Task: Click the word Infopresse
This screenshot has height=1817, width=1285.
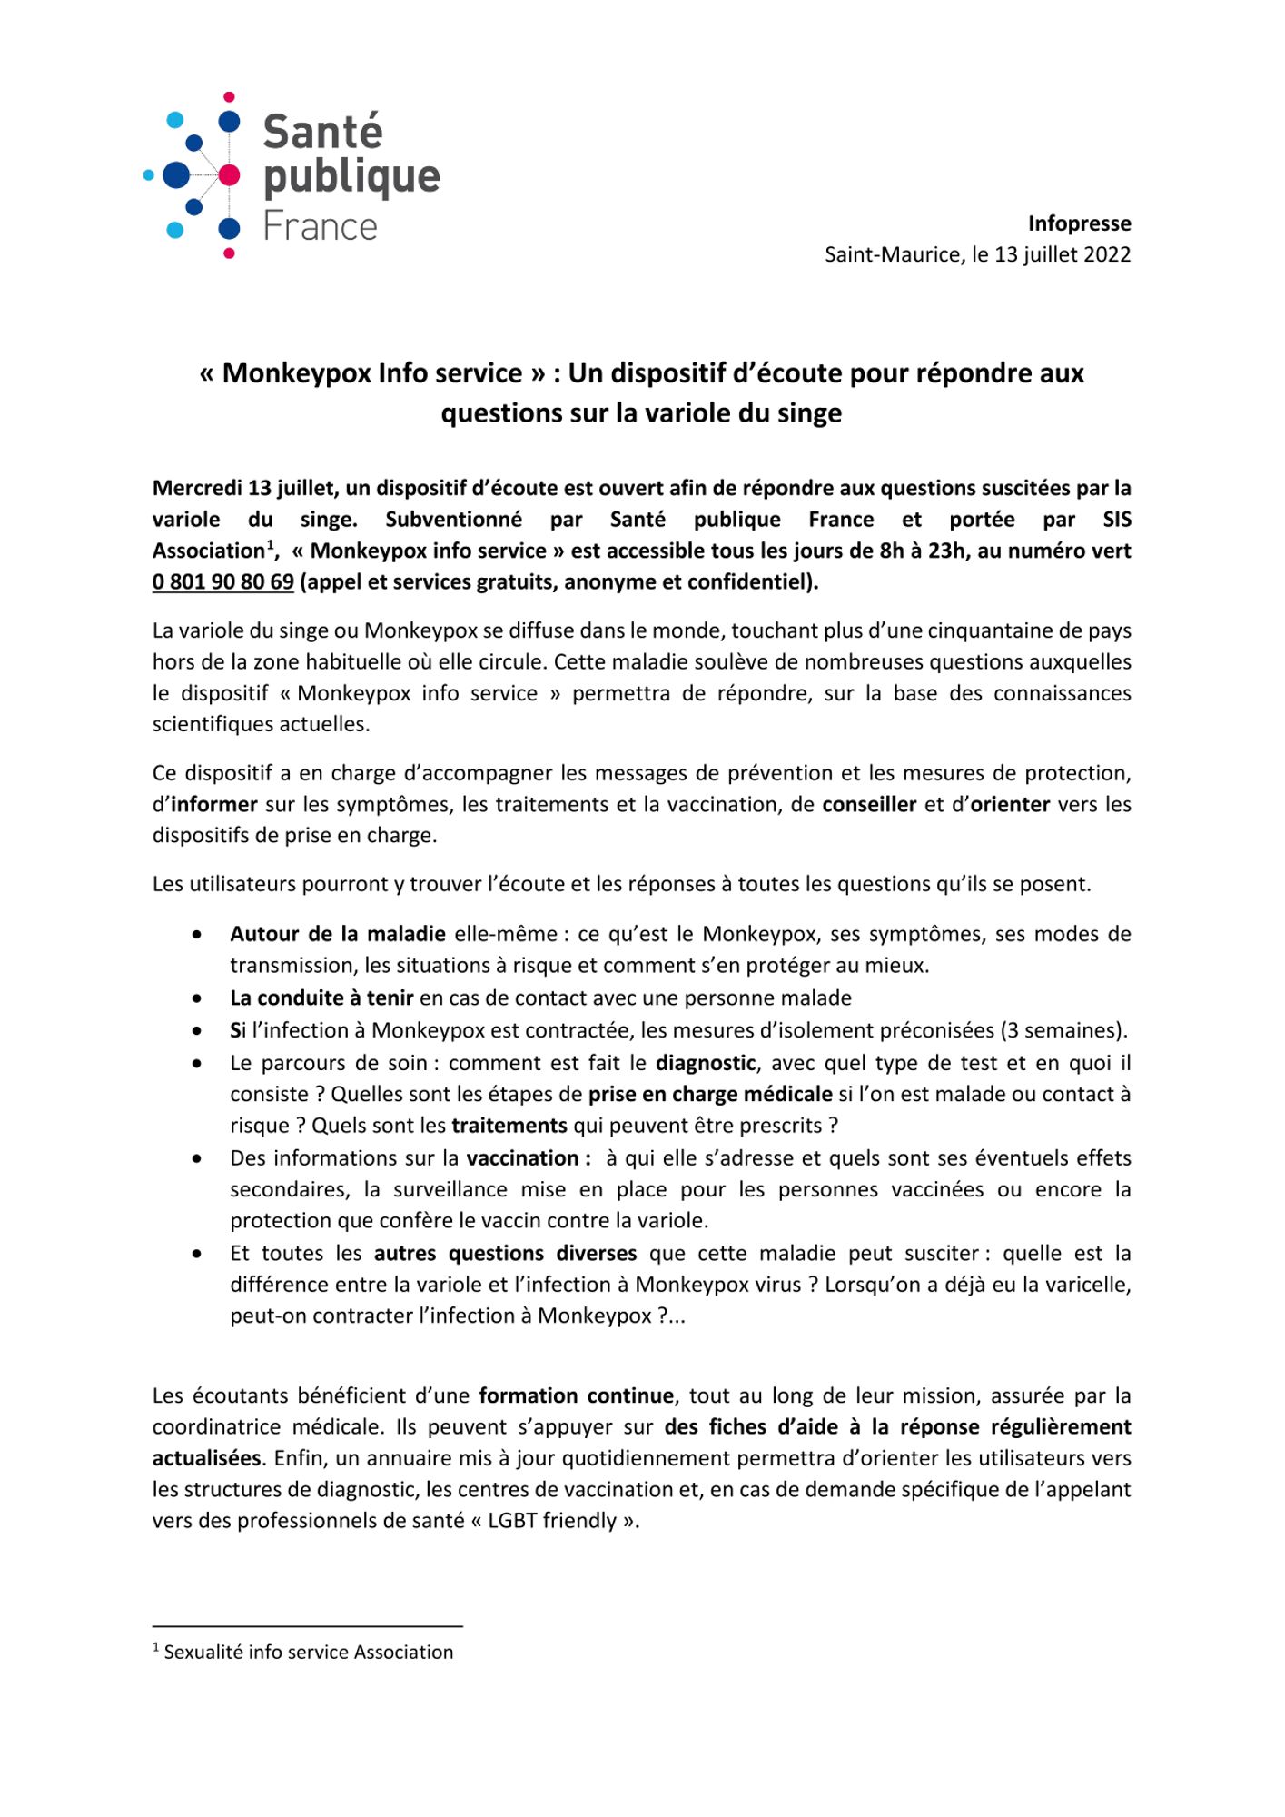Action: [1079, 223]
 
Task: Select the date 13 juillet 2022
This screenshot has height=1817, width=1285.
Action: [1062, 254]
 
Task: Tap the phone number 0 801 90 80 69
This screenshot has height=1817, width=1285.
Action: [223, 582]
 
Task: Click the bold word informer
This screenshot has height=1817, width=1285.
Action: [214, 805]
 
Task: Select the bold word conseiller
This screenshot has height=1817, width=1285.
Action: [869, 805]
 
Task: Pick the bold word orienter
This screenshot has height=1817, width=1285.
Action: [1010, 805]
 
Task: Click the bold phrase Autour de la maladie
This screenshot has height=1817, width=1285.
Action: [338, 934]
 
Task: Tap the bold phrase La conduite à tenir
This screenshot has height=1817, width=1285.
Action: [321, 998]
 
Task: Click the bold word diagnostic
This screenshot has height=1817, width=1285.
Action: [706, 1063]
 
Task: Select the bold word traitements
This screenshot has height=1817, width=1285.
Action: [509, 1126]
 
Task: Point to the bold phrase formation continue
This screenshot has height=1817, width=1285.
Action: [577, 1395]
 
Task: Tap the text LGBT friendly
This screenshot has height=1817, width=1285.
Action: [553, 1521]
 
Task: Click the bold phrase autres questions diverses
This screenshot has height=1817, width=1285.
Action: [506, 1254]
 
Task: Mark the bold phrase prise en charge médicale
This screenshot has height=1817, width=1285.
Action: [710, 1095]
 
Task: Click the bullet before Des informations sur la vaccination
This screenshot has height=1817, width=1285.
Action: [197, 1159]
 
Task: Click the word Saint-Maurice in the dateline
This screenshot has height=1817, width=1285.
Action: [891, 254]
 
